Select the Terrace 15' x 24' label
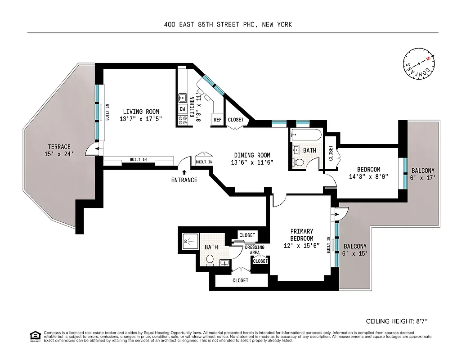(59, 150)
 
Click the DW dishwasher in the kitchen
(183, 109)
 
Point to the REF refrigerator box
(217, 120)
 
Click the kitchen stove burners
(183, 120)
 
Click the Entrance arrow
(184, 172)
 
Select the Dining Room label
(252, 159)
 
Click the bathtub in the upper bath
(305, 134)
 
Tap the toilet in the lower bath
(210, 260)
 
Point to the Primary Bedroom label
(301, 238)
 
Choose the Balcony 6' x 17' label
(422, 174)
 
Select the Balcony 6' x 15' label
(355, 250)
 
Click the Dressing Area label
(254, 250)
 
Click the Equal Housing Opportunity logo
(34, 336)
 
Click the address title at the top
(228, 24)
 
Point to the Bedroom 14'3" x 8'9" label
(368, 173)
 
